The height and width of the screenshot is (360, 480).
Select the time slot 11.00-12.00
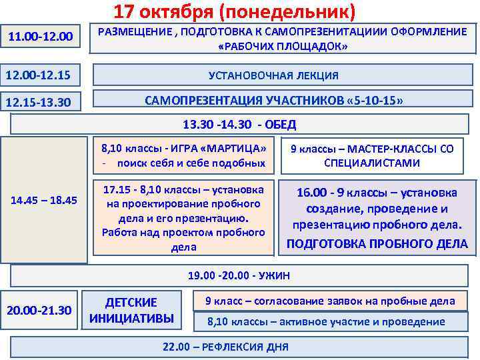[x=39, y=35]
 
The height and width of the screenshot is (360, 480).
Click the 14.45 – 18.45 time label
[x=45, y=200]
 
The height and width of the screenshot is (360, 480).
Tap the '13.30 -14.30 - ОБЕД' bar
[x=239, y=124]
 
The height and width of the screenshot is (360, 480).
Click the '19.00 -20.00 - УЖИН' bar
[x=239, y=275]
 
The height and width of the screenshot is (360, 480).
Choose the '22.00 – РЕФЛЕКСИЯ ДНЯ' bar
[x=226, y=347]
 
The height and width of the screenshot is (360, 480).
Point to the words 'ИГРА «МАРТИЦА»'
[x=219, y=148]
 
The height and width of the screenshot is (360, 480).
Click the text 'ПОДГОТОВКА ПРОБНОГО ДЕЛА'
[x=377, y=244]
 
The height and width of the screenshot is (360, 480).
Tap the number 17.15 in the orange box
[x=118, y=189]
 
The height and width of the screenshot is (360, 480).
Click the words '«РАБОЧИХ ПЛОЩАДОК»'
[x=283, y=48]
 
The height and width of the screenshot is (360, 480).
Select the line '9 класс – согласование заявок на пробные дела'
[x=330, y=301]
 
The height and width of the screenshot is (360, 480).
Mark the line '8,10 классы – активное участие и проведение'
[x=326, y=322]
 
